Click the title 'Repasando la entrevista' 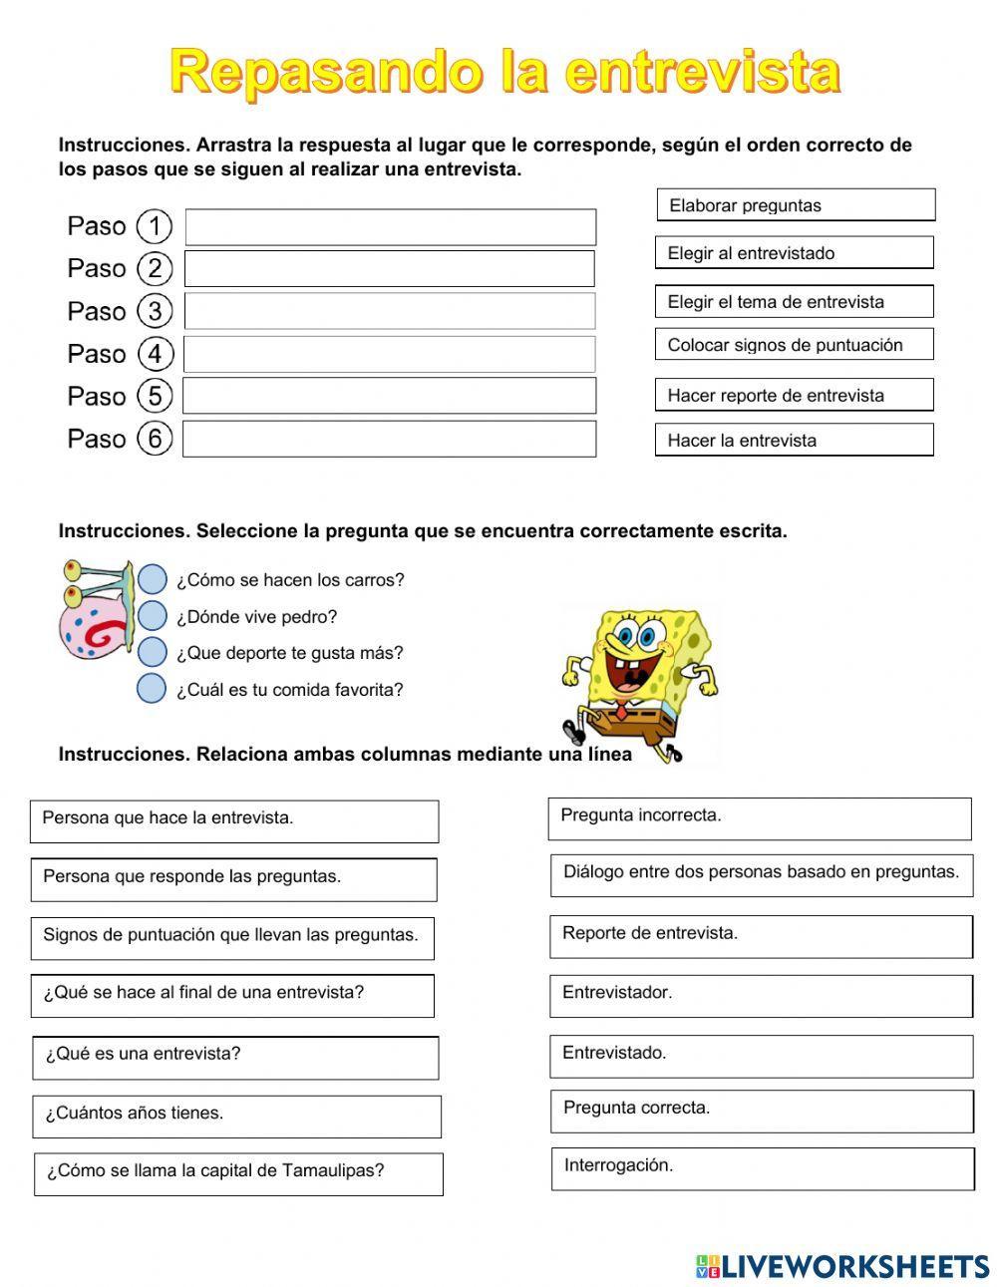[504, 73]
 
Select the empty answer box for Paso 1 [391, 227]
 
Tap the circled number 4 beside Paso [155, 354]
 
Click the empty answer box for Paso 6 [390, 439]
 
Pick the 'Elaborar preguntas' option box [796, 205]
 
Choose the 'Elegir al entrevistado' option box [794, 253]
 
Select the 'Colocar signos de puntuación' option [794, 345]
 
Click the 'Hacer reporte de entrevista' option [794, 395]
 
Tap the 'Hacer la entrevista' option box [794, 440]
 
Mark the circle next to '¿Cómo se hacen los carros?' [152, 579]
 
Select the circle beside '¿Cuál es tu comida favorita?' [152, 689]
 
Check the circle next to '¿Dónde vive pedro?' [152, 616]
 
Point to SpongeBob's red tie [622, 711]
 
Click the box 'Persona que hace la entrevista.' [234, 820]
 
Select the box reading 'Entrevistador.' [761, 995]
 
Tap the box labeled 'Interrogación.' [763, 1168]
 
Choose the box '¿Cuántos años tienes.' [237, 1117]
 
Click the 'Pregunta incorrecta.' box [760, 818]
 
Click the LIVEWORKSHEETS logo [842, 1266]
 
